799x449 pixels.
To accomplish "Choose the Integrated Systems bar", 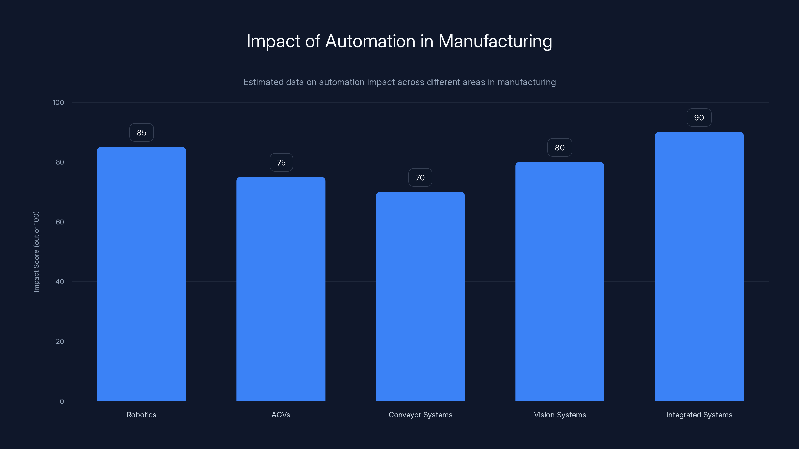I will coord(699,266).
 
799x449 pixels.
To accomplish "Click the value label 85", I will coord(141,133).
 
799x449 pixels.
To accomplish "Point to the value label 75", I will coord(281,163).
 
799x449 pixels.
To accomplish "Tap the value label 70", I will coord(420,178).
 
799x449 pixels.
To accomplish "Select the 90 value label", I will coord(699,118).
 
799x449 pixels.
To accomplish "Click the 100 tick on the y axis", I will coord(58,103).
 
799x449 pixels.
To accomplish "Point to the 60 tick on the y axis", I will coord(60,222).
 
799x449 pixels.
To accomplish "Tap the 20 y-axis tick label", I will coord(60,341).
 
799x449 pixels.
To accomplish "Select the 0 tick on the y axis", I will coord(62,401).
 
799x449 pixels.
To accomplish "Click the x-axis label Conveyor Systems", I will coord(420,415).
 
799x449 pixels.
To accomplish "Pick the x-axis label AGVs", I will coord(281,415).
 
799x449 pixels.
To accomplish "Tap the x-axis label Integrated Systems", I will coord(699,415).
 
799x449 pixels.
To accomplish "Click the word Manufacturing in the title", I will coord(495,41).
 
